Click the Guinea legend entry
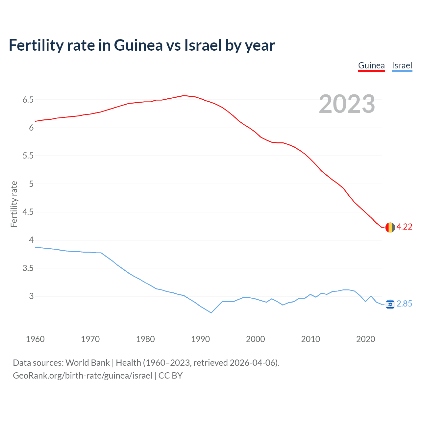tap(371, 65)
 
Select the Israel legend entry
tap(402, 65)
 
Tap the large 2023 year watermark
tap(347, 104)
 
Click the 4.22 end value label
tap(404, 227)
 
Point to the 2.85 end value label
tap(404, 304)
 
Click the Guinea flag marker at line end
tap(390, 227)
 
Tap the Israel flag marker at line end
tap(390, 305)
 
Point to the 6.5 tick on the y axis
tap(28, 100)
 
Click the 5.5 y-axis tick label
tap(28, 156)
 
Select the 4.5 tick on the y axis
tap(28, 212)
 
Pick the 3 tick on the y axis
tap(31, 296)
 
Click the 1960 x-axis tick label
tap(35, 339)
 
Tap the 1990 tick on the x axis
tap(200, 339)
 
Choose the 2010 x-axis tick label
tap(310, 339)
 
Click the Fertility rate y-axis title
tap(14, 204)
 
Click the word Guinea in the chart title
tap(138, 45)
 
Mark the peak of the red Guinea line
tap(184, 96)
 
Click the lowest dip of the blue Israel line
tap(211, 313)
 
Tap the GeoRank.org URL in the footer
tap(83, 376)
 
